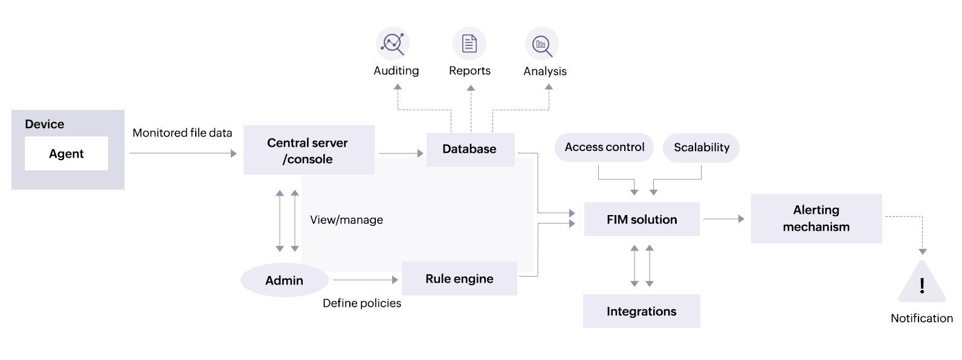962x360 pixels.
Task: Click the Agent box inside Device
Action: click(x=66, y=153)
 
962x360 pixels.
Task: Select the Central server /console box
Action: click(x=308, y=150)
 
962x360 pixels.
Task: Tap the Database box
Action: click(x=470, y=149)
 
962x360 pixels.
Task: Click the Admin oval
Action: click(x=284, y=280)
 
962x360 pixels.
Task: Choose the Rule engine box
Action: click(x=459, y=278)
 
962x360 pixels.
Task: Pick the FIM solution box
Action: click(x=642, y=219)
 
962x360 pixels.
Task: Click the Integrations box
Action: click(x=641, y=311)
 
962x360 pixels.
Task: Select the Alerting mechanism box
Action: click(x=816, y=219)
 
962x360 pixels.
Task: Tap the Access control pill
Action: click(x=604, y=147)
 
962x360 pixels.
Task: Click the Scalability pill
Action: click(x=701, y=148)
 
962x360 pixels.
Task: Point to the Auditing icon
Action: click(x=393, y=43)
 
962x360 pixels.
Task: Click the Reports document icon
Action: click(x=470, y=43)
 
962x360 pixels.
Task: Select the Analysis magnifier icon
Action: click(x=542, y=44)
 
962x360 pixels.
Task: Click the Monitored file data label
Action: click(x=182, y=133)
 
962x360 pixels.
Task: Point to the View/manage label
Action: click(x=346, y=220)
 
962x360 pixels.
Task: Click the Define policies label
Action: click(x=361, y=303)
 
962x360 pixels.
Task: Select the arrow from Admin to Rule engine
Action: click(x=365, y=280)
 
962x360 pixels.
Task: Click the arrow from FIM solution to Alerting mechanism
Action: click(x=724, y=219)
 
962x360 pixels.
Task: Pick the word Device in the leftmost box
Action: click(x=44, y=124)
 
